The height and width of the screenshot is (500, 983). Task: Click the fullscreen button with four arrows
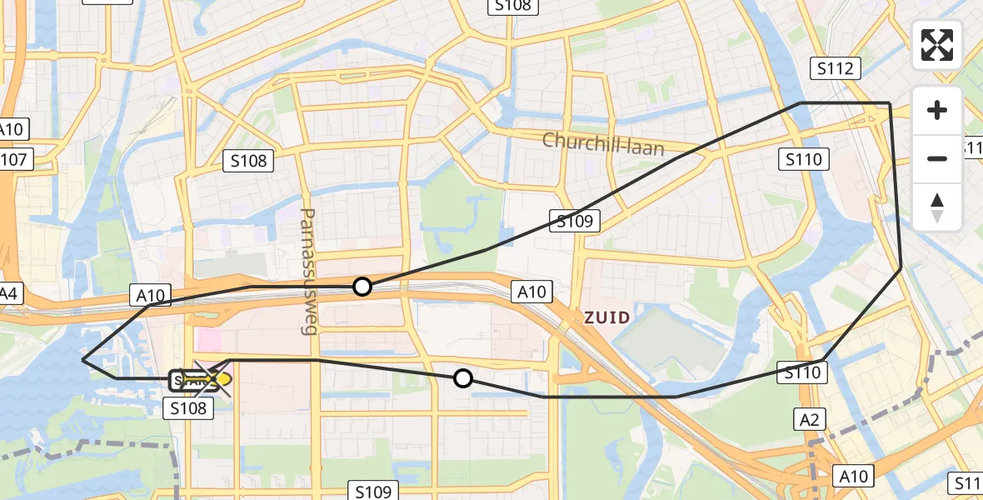937,45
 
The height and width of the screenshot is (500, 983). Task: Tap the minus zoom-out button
937,158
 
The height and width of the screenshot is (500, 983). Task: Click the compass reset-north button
937,207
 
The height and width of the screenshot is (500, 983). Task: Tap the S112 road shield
836,68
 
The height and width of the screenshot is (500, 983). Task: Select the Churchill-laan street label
603,143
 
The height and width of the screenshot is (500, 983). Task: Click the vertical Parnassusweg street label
309,272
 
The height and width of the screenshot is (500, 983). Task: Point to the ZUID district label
606,317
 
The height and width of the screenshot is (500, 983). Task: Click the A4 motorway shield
8,293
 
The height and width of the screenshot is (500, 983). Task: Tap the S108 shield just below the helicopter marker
190,407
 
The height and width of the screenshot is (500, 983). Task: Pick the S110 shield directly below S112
804,158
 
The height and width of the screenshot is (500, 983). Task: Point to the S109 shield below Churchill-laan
575,221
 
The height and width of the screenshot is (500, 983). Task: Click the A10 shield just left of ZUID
531,292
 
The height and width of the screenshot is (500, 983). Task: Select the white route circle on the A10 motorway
362,287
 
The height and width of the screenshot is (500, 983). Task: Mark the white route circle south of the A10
463,379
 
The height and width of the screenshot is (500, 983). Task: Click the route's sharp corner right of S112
890,103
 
